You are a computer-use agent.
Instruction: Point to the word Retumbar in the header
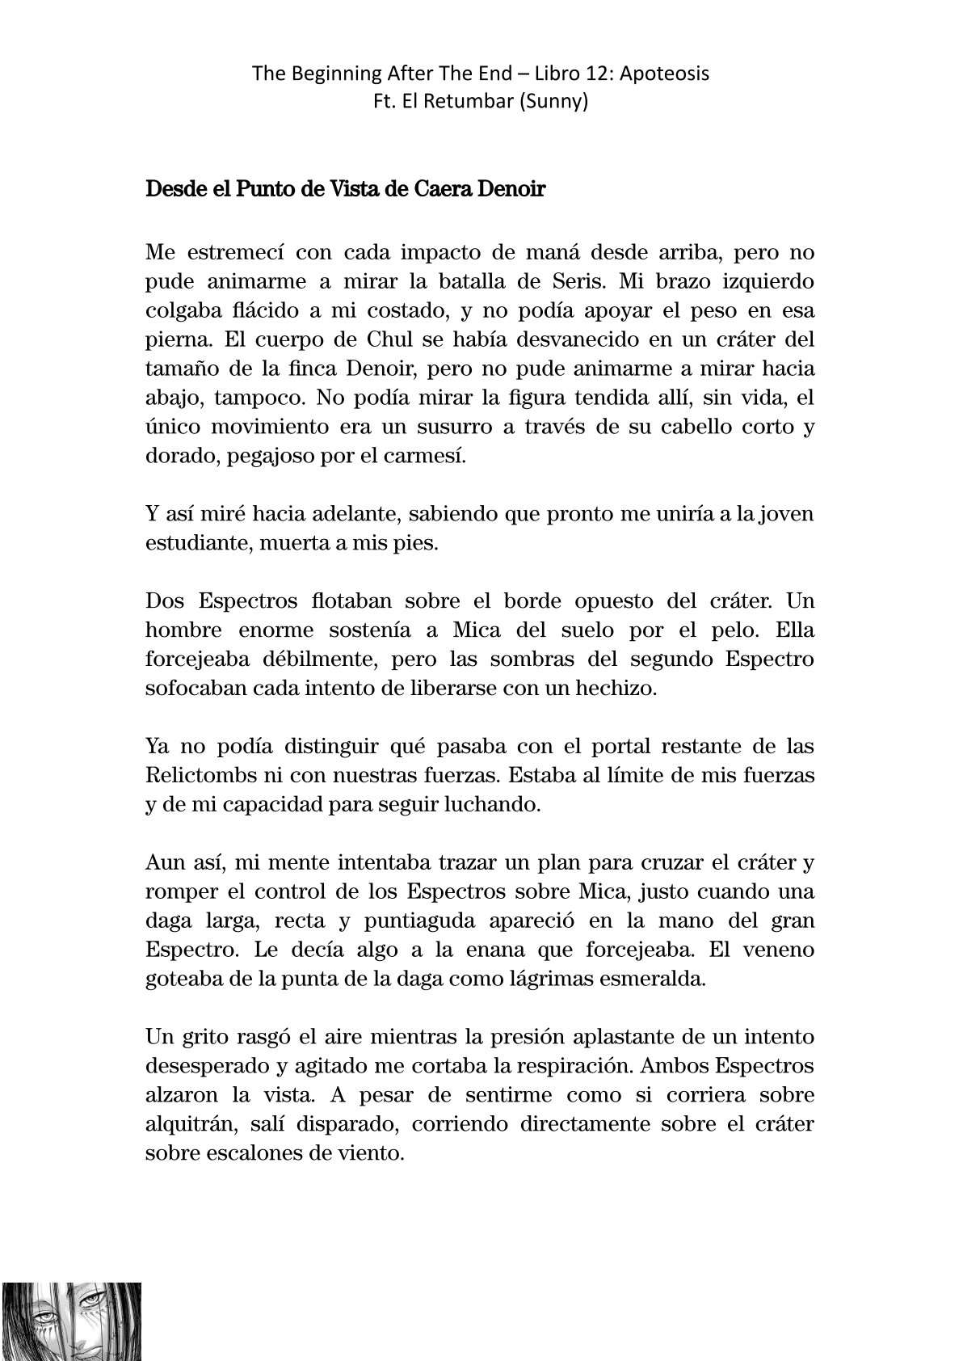tap(460, 103)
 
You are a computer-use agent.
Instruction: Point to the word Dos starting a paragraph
tap(164, 601)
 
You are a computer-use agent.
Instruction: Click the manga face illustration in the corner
tap(71, 1321)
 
